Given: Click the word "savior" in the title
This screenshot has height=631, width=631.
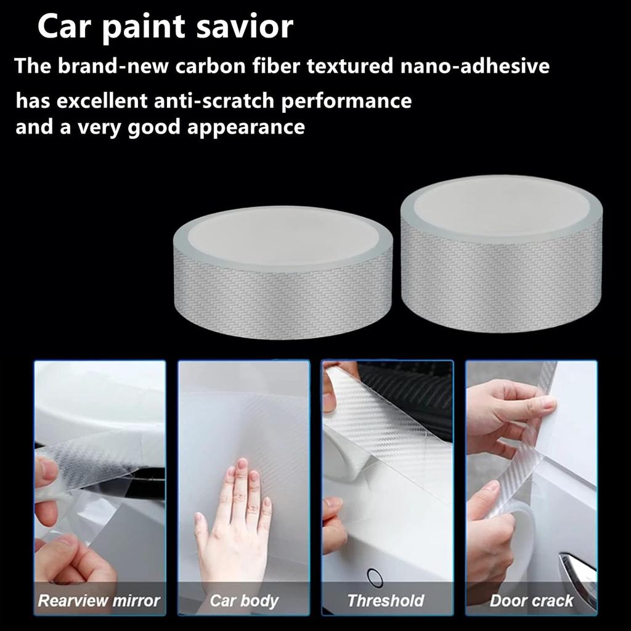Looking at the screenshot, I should click(245, 28).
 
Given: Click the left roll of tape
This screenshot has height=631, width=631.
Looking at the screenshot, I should click(283, 271).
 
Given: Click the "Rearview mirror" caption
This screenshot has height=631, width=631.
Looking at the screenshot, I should click(99, 600).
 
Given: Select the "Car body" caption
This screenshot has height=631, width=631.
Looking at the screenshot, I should click(244, 600).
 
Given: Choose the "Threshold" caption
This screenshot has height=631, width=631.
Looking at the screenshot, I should click(386, 600).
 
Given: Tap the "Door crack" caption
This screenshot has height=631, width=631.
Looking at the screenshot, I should click(531, 600).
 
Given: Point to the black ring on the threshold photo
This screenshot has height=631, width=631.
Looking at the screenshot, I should click(375, 577).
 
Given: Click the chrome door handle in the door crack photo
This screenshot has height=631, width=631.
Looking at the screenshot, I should click(579, 570).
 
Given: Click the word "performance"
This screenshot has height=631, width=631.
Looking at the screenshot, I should click(346, 100).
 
